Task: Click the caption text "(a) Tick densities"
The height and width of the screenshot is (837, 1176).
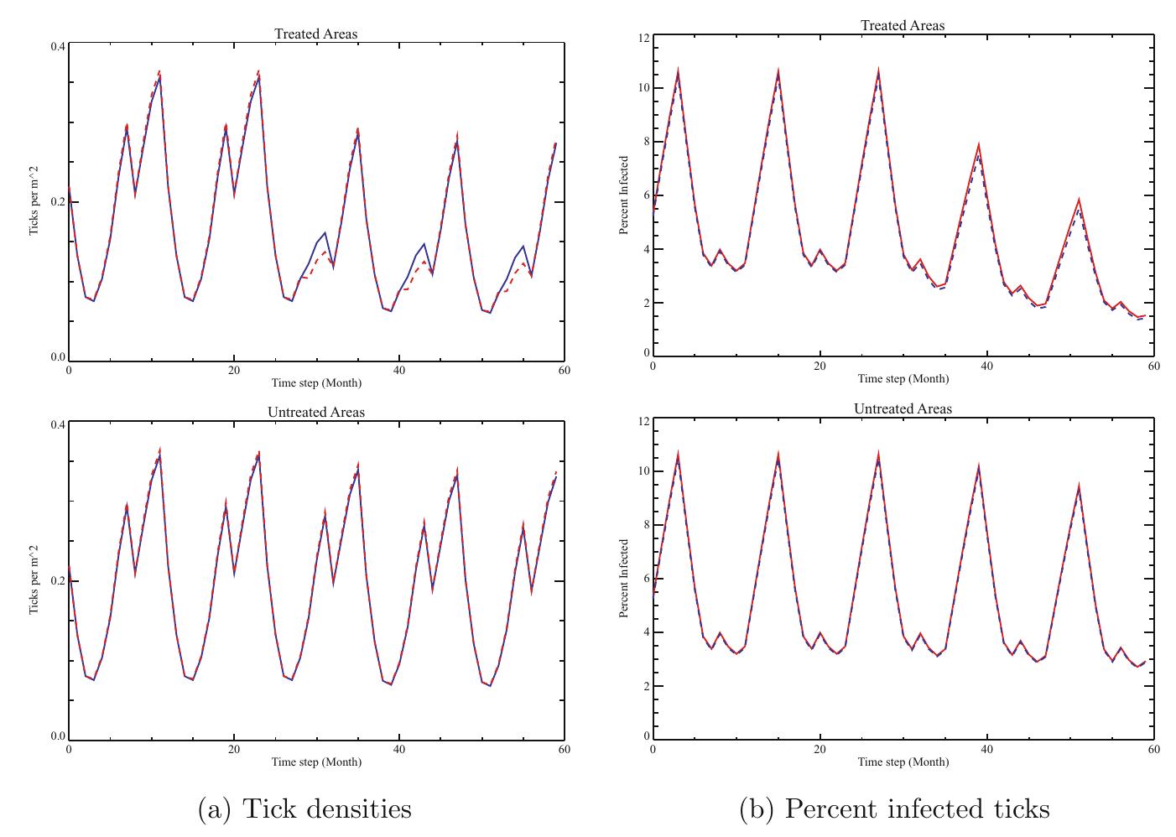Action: [x=304, y=808]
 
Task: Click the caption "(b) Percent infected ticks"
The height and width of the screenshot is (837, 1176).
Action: [x=894, y=808]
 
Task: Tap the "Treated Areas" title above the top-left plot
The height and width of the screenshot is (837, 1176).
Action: [x=315, y=34]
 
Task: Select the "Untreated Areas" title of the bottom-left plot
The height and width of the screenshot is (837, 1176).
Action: [x=315, y=413]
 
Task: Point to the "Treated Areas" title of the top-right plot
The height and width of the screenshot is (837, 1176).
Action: [x=902, y=26]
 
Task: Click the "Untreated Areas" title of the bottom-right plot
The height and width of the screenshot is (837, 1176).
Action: [x=903, y=409]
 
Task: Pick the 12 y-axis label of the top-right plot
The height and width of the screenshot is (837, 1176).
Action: [x=643, y=38]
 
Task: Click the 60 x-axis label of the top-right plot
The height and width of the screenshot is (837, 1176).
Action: [x=1153, y=367]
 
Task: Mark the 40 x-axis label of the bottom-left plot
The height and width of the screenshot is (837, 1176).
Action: [x=398, y=750]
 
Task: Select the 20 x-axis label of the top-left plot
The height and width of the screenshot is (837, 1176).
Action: [x=233, y=371]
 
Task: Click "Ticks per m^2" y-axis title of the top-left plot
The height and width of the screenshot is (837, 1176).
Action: [x=35, y=201]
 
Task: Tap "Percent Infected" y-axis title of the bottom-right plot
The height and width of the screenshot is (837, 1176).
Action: [x=624, y=579]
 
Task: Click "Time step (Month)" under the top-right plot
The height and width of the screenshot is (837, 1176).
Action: [x=903, y=379]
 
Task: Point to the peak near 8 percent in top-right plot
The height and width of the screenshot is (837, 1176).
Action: [x=978, y=145]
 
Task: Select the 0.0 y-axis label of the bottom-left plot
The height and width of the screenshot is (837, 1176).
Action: [x=57, y=736]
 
